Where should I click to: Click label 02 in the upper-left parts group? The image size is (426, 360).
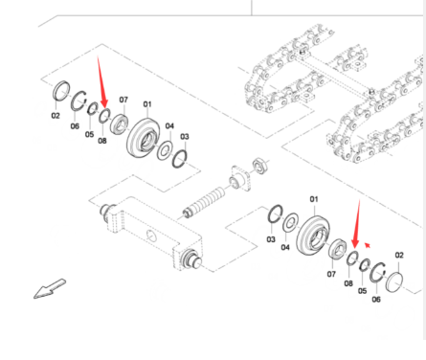point(56,115)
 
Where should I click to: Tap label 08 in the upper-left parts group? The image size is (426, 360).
point(102,141)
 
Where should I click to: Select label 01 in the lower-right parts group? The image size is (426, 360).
point(314,199)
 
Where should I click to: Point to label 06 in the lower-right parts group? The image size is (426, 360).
point(376,299)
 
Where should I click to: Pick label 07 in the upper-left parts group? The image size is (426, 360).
point(123,100)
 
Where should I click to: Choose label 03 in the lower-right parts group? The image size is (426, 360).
point(271,239)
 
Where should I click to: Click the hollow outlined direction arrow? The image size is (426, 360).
point(50,289)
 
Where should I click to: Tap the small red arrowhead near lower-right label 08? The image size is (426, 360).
point(368,245)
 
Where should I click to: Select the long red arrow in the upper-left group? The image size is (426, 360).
point(102,82)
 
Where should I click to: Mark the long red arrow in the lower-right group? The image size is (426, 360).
point(356,224)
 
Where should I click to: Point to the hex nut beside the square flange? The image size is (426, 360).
point(260,166)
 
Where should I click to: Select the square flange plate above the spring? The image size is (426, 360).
point(240,178)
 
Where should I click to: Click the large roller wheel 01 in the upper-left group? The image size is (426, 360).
point(144,138)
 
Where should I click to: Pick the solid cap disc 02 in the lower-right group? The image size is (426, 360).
point(394,282)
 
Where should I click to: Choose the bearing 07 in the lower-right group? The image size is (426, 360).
point(337,249)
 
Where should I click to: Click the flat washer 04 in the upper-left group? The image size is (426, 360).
point(165,150)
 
